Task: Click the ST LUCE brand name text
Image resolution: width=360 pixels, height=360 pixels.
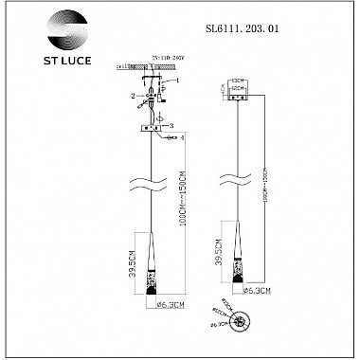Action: coord(60,67)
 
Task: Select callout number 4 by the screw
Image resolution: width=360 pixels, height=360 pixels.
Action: coord(183,138)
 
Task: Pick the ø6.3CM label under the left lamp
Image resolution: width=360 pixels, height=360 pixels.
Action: coord(152,305)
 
